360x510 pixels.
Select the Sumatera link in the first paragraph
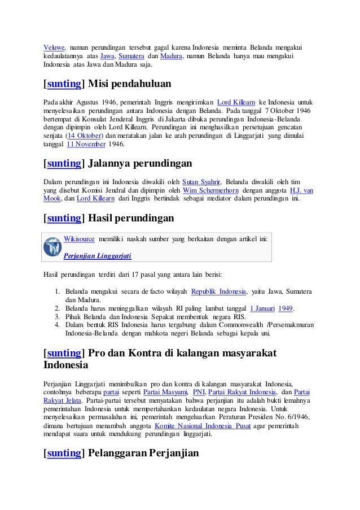[x=131, y=56]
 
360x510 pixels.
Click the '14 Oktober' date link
[x=84, y=136]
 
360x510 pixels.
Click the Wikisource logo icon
[x=54, y=246]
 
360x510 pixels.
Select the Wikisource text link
[x=79, y=239]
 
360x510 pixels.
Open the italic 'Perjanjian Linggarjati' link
[x=98, y=255]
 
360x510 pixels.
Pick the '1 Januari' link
[x=262, y=308]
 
